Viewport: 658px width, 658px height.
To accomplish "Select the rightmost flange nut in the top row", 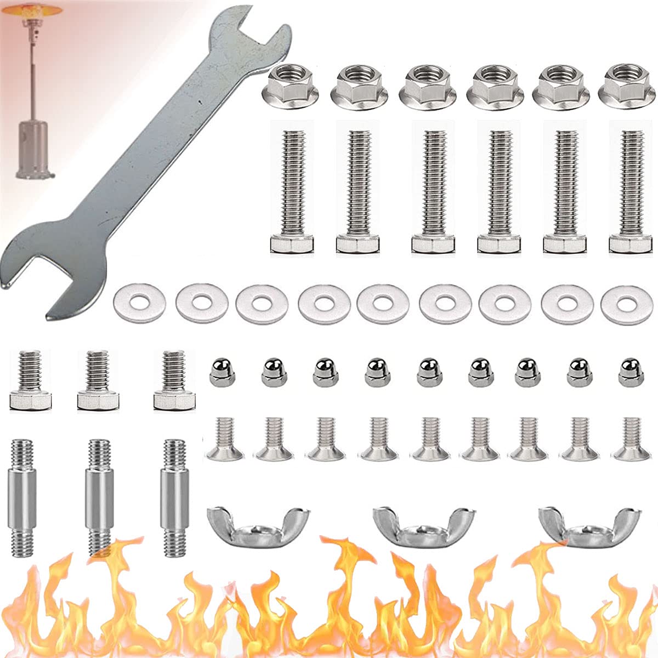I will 625,85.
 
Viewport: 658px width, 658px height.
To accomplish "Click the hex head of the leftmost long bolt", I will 292,243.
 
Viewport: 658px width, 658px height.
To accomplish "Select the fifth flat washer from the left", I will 382,302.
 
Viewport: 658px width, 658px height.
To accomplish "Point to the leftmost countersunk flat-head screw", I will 224,439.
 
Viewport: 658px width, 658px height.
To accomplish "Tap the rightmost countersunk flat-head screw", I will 631,439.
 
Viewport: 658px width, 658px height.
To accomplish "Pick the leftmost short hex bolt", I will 30,381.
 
